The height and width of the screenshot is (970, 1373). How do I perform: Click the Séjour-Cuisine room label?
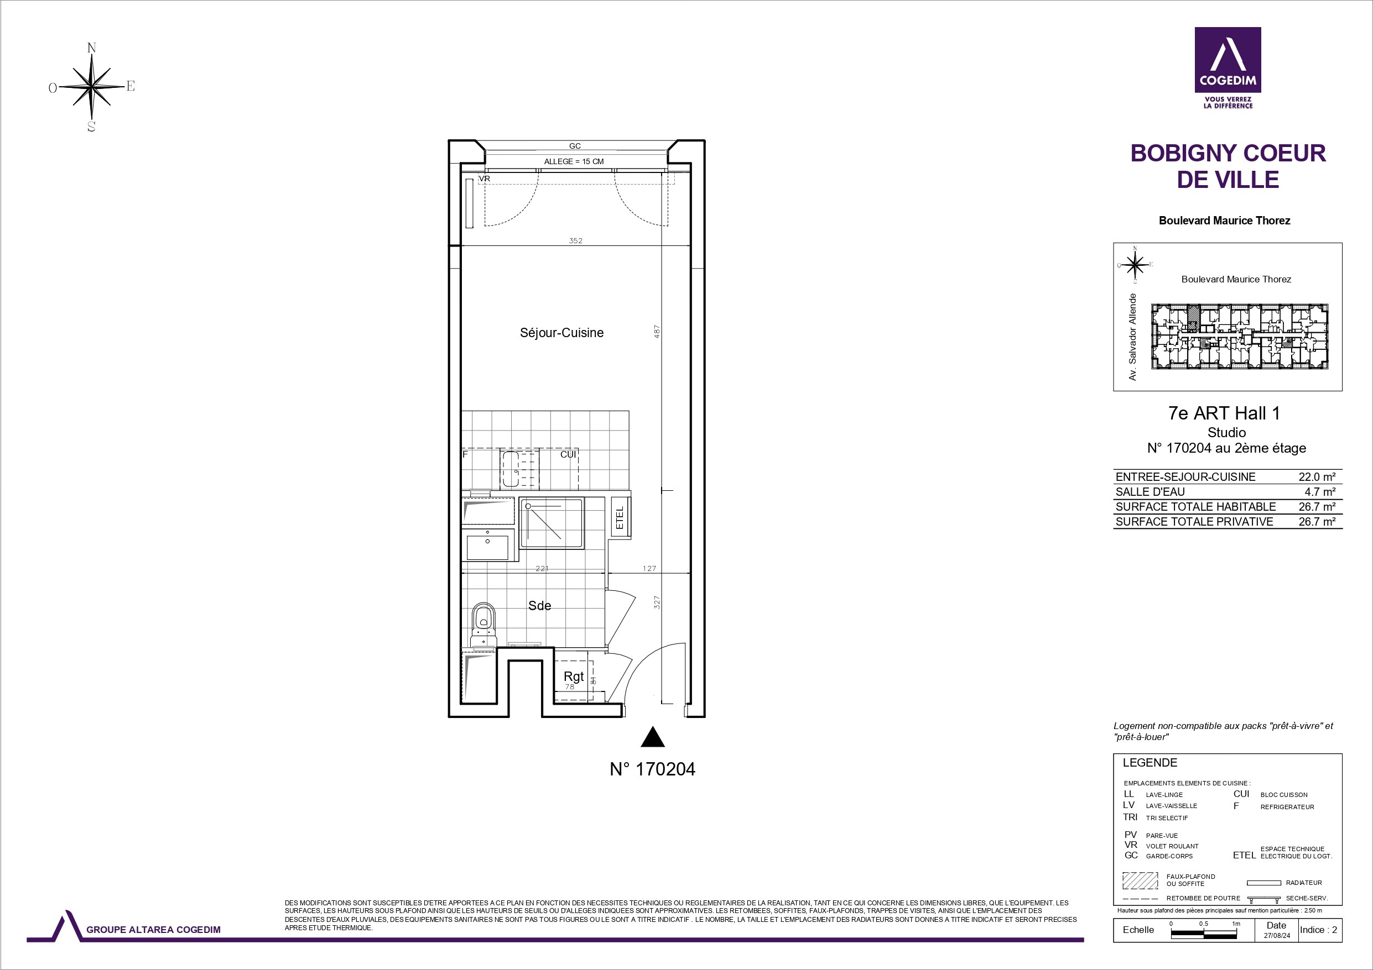(x=561, y=333)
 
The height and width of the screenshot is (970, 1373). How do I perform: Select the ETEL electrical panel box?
(x=620, y=517)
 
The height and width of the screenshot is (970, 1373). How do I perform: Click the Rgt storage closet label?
(x=574, y=677)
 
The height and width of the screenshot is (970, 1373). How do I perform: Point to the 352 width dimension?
(x=575, y=241)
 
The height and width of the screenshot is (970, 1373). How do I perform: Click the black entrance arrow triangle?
(x=652, y=737)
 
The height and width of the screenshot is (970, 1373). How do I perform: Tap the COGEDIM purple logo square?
(x=1228, y=60)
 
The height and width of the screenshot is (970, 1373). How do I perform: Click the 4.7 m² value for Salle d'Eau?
(x=1320, y=492)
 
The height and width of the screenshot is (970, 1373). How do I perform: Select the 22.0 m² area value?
(x=1317, y=477)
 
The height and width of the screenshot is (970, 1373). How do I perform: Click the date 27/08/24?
(x=1277, y=936)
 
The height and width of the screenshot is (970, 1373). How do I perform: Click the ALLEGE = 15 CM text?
(x=574, y=161)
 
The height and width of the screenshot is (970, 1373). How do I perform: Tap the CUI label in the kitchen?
(x=568, y=455)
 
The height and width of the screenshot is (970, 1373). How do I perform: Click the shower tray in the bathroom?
(x=551, y=523)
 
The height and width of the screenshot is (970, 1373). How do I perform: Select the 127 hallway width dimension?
(x=649, y=568)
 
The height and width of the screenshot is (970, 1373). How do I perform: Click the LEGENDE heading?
(x=1150, y=763)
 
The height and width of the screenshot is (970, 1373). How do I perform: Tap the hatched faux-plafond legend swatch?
(x=1140, y=880)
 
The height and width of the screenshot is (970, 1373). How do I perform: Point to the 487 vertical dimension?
(x=657, y=332)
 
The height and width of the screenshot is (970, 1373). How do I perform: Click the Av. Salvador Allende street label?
(x=1132, y=337)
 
